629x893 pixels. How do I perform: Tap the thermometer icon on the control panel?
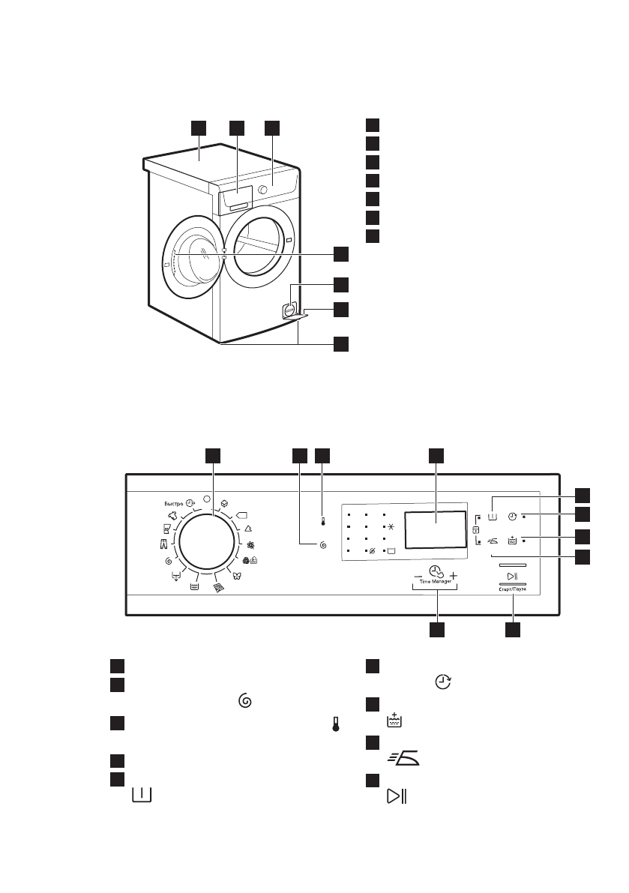(322, 518)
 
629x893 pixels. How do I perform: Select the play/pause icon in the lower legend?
(397, 797)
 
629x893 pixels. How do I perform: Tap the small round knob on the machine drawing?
(262, 190)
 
